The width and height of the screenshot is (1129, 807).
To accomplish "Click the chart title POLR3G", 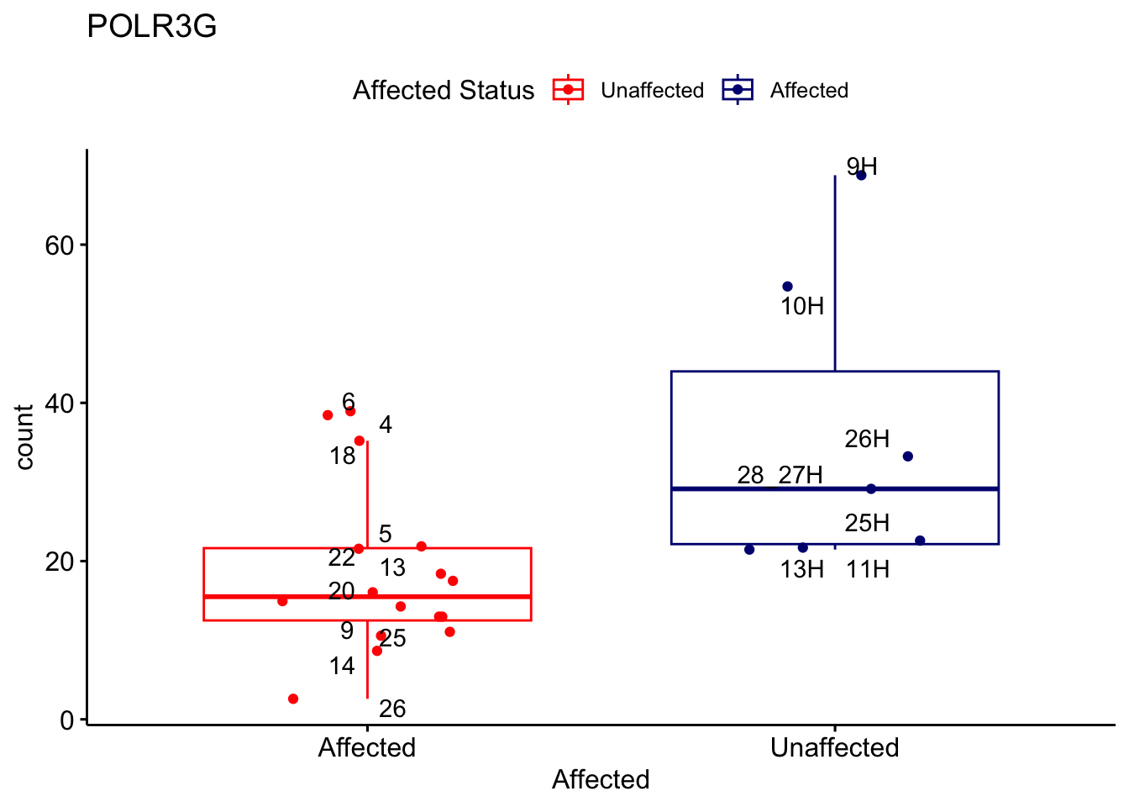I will click(152, 27).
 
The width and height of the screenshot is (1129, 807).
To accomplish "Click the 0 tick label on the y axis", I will click(68, 720).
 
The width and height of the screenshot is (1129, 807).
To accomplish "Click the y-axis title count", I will click(25, 437).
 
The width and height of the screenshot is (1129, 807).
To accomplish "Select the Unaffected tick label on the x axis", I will click(834, 748).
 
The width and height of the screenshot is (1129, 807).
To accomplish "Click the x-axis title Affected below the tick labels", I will click(601, 780).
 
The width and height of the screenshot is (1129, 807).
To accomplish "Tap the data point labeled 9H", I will click(861, 175).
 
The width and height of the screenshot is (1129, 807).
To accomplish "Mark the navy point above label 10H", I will click(787, 287).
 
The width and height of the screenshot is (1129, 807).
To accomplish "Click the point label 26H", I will click(867, 439).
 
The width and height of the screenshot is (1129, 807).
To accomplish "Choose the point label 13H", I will click(801, 570).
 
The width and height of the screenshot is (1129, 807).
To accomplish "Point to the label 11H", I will click(868, 570).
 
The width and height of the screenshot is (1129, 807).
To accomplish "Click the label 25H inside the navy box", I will click(867, 524).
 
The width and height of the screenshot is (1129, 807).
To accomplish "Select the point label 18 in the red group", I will click(343, 456).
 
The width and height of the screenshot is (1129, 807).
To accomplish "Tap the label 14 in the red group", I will click(342, 667).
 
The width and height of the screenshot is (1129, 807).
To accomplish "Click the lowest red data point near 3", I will click(293, 699).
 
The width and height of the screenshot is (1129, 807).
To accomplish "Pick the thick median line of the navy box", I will click(924, 488).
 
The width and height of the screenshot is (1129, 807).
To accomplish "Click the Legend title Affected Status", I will click(444, 91).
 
